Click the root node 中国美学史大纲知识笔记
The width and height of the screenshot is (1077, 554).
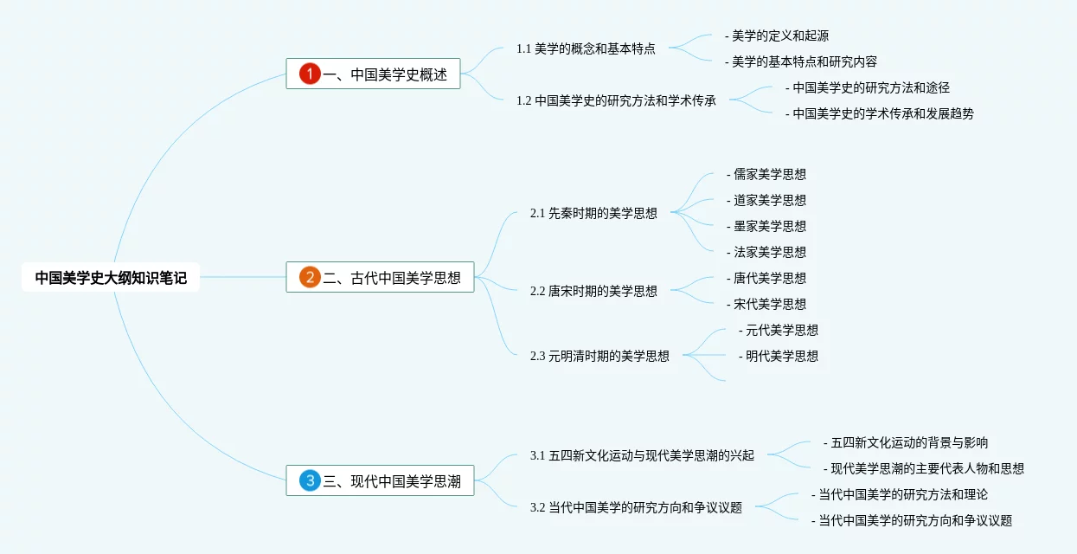click(x=111, y=278)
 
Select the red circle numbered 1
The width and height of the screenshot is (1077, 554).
click(x=310, y=74)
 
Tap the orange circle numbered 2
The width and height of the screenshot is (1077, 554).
click(x=310, y=278)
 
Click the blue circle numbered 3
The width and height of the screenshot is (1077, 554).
click(x=310, y=480)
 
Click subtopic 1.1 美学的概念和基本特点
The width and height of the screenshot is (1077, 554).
click(x=586, y=48)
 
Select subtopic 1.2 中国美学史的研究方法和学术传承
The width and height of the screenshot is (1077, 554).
click(x=616, y=100)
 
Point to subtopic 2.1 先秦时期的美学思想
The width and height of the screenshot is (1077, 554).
click(x=593, y=213)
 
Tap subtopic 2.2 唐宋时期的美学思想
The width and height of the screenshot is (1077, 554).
click(x=593, y=291)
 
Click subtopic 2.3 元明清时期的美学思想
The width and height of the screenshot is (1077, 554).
click(x=599, y=356)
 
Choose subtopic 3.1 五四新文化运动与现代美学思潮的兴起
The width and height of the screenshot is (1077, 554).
click(x=642, y=455)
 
